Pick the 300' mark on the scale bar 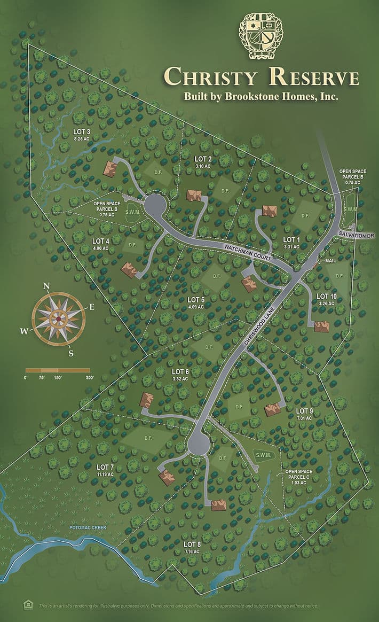89,378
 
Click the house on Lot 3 110,168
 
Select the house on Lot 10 321,326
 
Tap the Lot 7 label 105,468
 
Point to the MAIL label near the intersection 330,260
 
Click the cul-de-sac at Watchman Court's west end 154,205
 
